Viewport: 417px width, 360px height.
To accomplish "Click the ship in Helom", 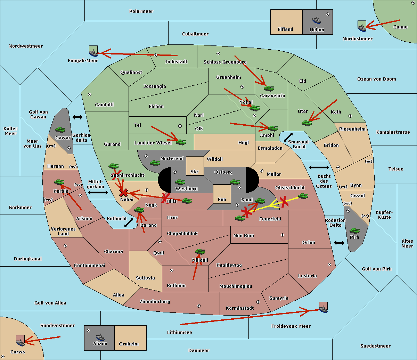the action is [317, 20].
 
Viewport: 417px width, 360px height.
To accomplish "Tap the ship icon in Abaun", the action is [100, 337].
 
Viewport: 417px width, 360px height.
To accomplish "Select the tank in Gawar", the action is [60, 129].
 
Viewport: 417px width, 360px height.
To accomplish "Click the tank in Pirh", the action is [354, 231].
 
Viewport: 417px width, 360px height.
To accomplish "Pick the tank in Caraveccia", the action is [269, 88].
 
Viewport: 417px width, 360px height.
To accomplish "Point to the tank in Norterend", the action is [155, 163].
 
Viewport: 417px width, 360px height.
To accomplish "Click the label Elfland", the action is [285, 30].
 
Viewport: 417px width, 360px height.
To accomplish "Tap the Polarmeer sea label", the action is [141, 11].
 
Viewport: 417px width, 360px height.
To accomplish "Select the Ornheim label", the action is [129, 344].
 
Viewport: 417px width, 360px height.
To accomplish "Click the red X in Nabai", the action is [123, 192].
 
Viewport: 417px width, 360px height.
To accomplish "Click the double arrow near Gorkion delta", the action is [77, 117].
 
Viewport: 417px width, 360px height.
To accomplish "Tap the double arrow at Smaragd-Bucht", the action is [288, 137].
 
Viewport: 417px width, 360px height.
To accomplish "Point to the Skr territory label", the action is [195, 171].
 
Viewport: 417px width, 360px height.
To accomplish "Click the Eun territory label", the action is [222, 200].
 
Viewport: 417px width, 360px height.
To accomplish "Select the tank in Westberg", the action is [180, 182].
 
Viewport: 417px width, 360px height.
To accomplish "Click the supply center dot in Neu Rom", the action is [283, 235].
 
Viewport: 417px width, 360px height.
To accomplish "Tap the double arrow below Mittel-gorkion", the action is [98, 193].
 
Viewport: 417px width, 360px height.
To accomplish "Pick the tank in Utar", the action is [306, 123].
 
